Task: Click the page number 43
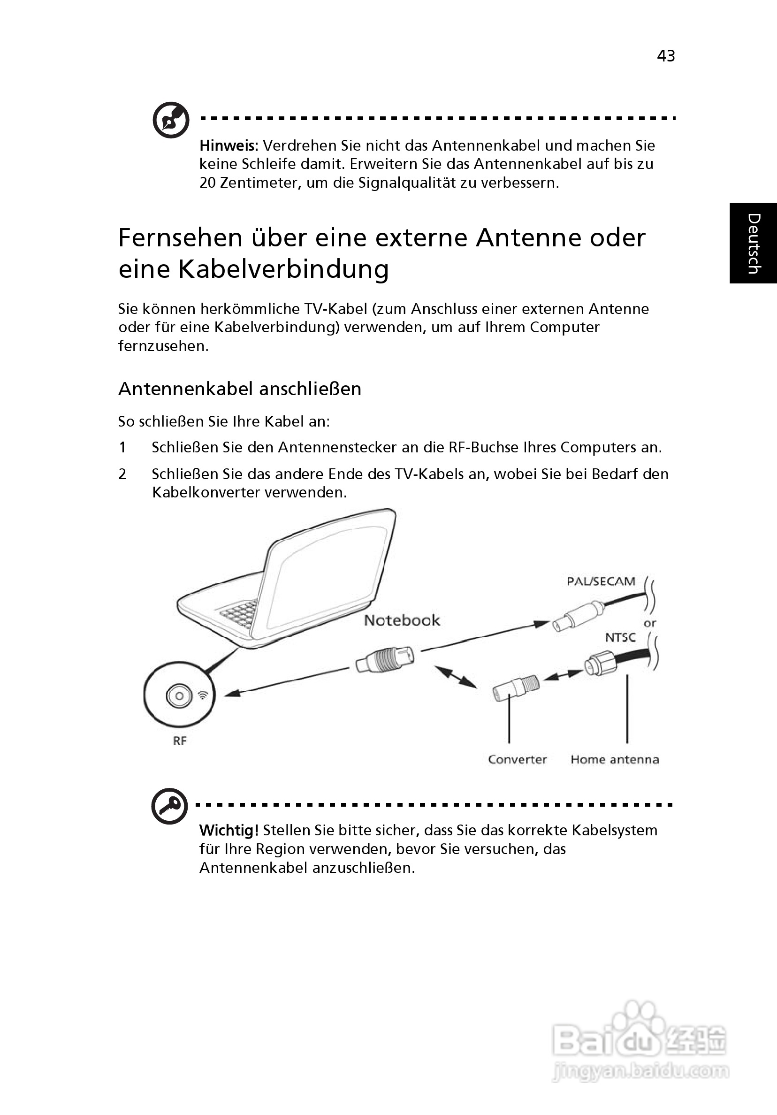point(666,56)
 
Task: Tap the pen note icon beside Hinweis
point(171,120)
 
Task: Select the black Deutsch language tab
point(753,243)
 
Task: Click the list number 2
point(122,474)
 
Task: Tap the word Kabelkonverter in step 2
point(207,492)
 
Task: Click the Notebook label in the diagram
point(402,621)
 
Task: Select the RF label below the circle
point(180,741)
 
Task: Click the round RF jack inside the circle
point(179,696)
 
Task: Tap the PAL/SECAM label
point(601,581)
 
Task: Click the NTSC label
point(620,637)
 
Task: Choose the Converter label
point(517,759)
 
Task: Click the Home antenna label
point(614,759)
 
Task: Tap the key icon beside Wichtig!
point(169,806)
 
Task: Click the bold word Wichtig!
point(229,831)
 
